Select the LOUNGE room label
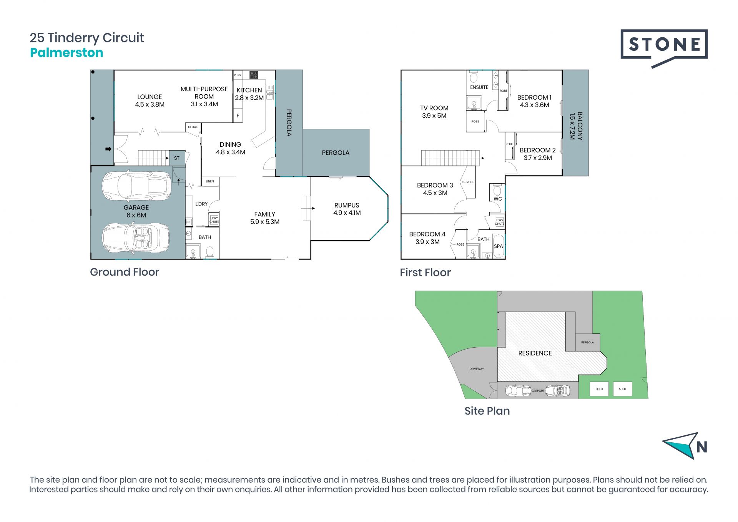click(x=150, y=97)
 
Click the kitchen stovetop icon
click(x=254, y=75)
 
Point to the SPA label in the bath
click(x=498, y=246)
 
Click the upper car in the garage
click(x=136, y=186)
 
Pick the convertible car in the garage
click(x=136, y=238)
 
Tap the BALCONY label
click(x=580, y=126)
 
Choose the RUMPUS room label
click(x=347, y=206)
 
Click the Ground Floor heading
click(x=125, y=272)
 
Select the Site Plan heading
click(x=487, y=411)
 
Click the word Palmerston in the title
click(x=66, y=53)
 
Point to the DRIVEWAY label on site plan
click(x=477, y=369)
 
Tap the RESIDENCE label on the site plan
click(x=535, y=353)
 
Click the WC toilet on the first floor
click(x=497, y=190)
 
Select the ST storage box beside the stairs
click(x=177, y=158)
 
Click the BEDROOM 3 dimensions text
click(x=435, y=193)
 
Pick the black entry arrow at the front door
click(x=108, y=149)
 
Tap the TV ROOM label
click(x=434, y=108)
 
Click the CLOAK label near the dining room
click(x=193, y=127)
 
